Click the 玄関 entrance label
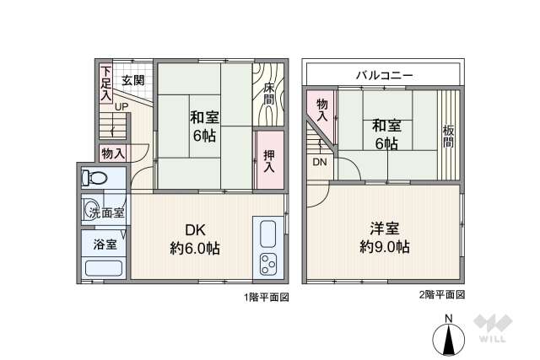point(133,82)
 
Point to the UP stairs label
point(121,107)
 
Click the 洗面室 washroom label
point(107,213)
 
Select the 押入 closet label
point(269,160)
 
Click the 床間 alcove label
point(267,93)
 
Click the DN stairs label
point(321,161)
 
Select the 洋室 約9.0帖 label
point(385,238)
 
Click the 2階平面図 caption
point(441,296)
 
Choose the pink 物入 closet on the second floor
point(321,109)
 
